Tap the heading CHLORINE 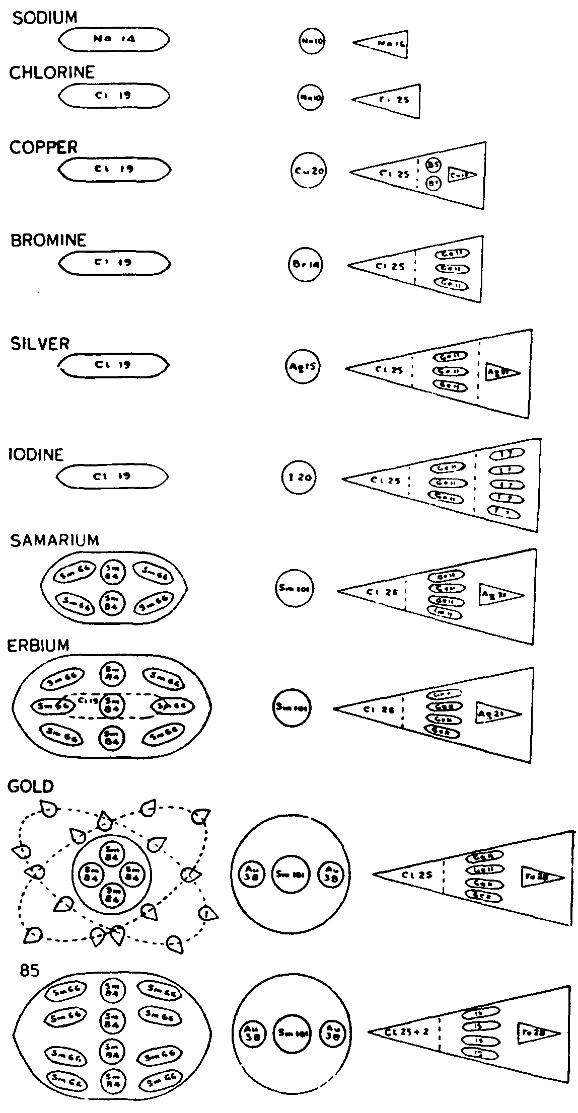(51, 73)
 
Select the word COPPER (43, 147)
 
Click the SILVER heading (40, 344)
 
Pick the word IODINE (36, 455)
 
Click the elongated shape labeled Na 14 (114, 39)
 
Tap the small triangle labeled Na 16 (384, 45)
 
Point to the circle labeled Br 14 (306, 265)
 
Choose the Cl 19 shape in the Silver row (114, 365)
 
